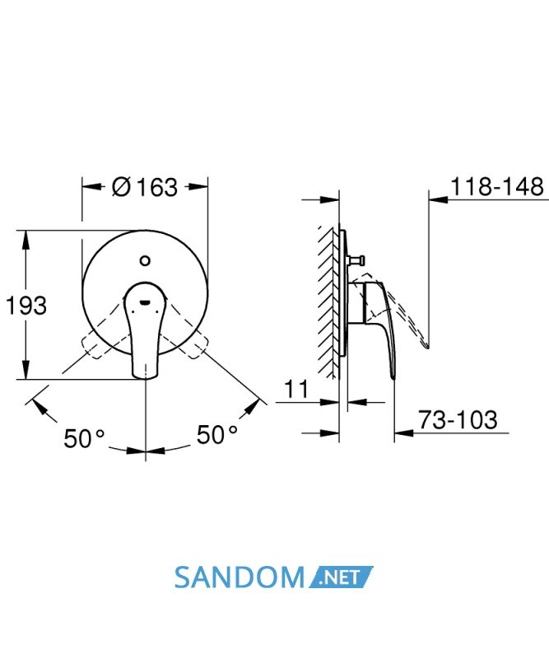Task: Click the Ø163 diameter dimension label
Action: coord(145,187)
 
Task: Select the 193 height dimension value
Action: coord(26,305)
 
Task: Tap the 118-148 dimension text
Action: coord(497,187)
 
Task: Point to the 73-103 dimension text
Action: coord(458,419)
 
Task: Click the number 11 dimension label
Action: coord(296,389)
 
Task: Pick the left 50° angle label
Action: coord(84,438)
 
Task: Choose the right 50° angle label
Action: coord(217,435)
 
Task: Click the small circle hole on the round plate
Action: coord(145,261)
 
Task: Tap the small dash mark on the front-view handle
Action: coord(145,301)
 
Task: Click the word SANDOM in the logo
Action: coord(239,577)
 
